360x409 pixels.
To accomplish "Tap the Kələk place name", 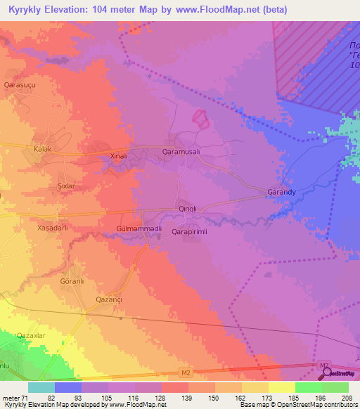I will [44, 150].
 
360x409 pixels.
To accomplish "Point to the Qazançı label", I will [110, 299].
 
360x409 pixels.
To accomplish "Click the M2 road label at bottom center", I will [185, 372].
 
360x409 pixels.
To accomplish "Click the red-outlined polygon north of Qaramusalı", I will [201, 119].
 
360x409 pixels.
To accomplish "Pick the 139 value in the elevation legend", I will [188, 398].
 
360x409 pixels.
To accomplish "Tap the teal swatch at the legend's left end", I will [41, 387].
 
